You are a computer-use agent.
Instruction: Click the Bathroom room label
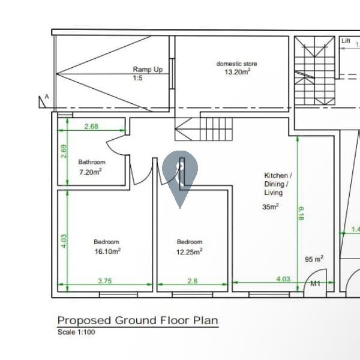coord(92,162)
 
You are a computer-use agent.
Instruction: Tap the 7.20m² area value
coord(91,172)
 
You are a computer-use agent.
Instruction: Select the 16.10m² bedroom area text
coord(107,251)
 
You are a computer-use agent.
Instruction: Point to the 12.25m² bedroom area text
coord(190,251)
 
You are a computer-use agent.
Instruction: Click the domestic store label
coord(237,64)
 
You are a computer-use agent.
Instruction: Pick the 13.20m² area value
coord(238,71)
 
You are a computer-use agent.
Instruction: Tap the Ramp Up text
coord(148,70)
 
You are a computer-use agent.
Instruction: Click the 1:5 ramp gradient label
coord(138,78)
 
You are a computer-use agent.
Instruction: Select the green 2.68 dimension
coord(91,126)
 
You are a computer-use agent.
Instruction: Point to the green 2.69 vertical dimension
coord(64,151)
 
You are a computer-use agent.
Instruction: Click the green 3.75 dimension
coord(105,281)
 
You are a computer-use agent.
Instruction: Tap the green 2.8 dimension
coord(193,281)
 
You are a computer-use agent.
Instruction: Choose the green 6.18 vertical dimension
coord(301,214)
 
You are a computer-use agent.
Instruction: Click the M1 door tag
coord(315,284)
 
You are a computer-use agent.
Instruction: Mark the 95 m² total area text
coord(314,259)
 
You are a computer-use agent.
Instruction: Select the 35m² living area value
coord(271,206)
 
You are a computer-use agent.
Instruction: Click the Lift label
coord(346,41)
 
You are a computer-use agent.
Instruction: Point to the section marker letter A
coord(47,97)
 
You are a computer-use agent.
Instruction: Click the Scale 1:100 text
coord(76,332)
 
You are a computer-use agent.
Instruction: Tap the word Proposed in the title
coord(84,320)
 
